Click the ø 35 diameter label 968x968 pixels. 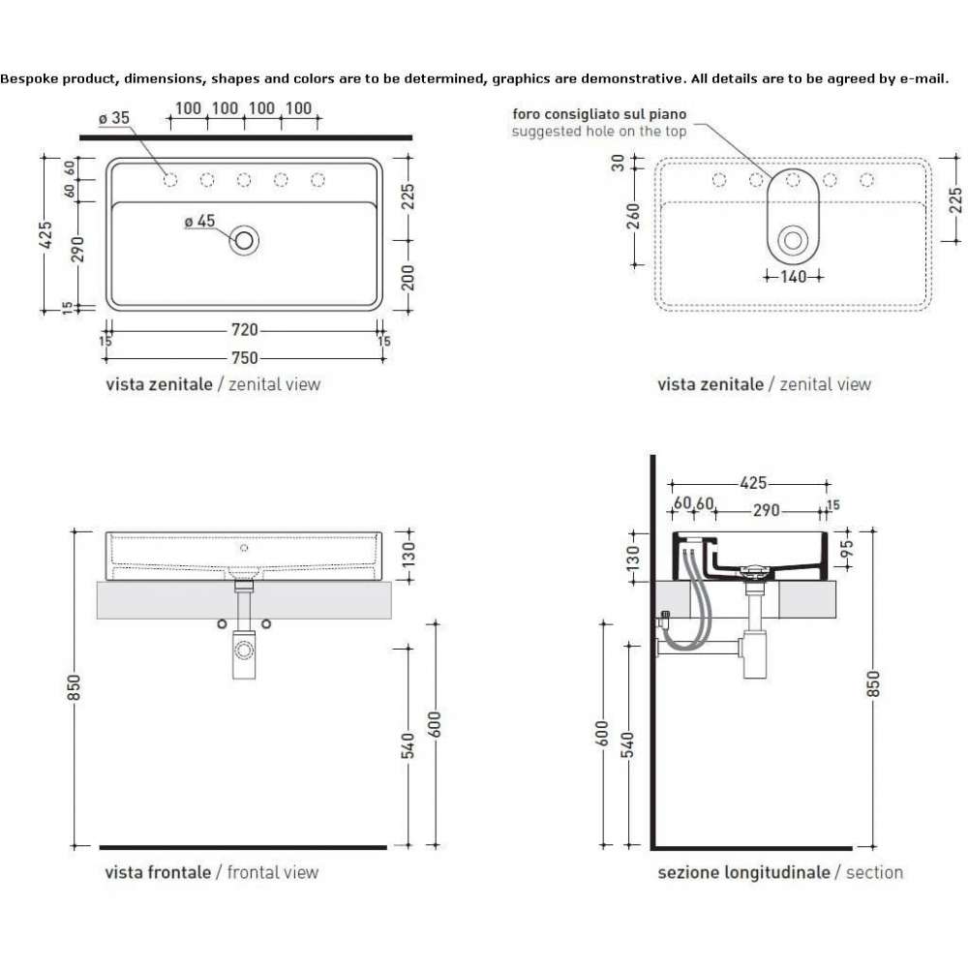click(x=114, y=117)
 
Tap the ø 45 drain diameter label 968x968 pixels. click(x=199, y=221)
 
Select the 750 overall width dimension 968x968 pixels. click(x=245, y=358)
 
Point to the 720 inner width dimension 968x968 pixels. click(x=245, y=330)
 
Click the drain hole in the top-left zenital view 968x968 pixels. click(x=244, y=240)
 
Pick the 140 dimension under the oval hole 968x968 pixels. click(x=794, y=277)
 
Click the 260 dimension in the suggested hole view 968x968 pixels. click(x=633, y=216)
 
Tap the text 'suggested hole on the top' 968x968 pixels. click(x=599, y=132)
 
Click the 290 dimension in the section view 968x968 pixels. click(x=766, y=510)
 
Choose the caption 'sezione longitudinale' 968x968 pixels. click(x=743, y=873)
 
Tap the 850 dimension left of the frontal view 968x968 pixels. click(x=74, y=687)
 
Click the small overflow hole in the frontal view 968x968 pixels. click(x=244, y=548)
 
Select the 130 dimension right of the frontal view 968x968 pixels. click(x=408, y=555)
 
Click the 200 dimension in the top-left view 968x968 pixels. click(x=408, y=277)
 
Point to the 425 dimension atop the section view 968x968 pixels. click(x=753, y=483)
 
